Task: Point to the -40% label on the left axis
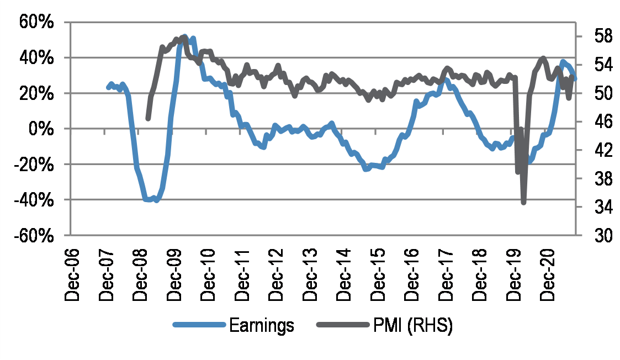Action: tap(34, 200)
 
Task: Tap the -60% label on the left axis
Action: tap(34, 236)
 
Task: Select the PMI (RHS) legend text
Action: tap(410, 326)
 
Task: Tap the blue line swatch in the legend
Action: tap(199, 326)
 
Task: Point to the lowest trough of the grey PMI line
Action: tap(523, 203)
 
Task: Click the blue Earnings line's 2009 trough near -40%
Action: tap(156, 200)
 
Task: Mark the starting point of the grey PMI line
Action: tap(147, 118)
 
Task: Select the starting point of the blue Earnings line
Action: tap(108, 87)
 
